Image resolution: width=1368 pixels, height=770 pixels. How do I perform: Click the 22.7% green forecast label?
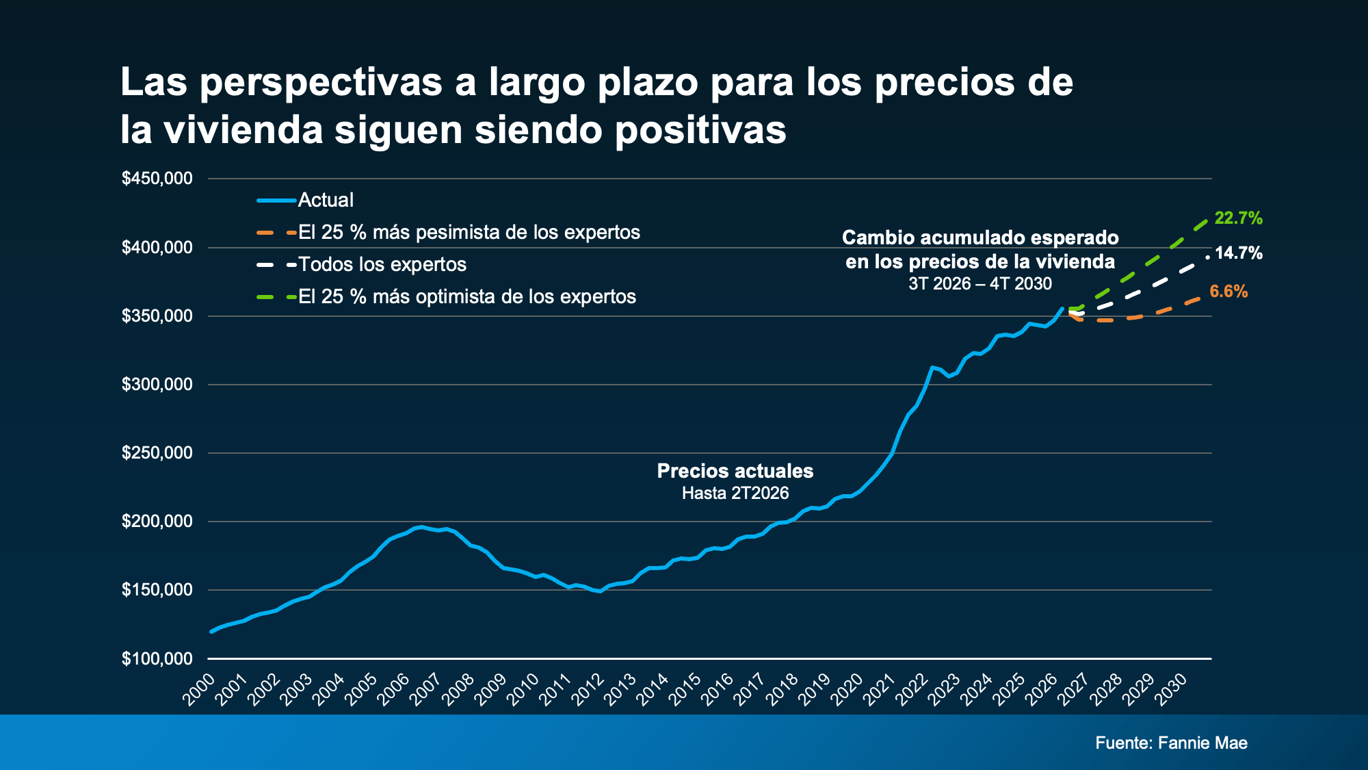(x=1238, y=218)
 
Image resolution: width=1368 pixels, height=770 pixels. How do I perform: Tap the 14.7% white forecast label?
(x=1238, y=253)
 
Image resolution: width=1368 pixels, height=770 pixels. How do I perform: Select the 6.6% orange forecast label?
(x=1228, y=292)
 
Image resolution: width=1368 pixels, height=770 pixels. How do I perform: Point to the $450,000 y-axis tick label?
(x=157, y=179)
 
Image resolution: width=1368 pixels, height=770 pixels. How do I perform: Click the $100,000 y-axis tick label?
(x=157, y=658)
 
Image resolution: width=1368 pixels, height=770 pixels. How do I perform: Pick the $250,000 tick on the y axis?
(x=157, y=452)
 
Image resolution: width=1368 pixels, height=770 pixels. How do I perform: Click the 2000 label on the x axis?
(x=198, y=689)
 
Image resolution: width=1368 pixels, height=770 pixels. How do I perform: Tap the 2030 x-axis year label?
(x=1170, y=689)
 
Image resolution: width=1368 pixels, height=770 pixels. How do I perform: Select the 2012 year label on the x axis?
(x=588, y=689)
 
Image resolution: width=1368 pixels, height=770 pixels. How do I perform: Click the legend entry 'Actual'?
(x=326, y=200)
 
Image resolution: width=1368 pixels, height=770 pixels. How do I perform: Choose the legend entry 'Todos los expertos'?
(x=382, y=264)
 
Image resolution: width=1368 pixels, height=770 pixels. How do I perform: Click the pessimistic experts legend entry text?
(x=469, y=232)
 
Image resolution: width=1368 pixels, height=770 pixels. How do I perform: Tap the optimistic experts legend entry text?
(x=467, y=296)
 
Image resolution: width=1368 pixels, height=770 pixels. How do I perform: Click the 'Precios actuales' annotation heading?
(x=735, y=471)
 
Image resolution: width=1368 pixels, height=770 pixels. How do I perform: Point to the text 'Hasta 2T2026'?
(x=735, y=493)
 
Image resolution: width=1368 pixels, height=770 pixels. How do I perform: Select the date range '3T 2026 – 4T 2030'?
(x=980, y=283)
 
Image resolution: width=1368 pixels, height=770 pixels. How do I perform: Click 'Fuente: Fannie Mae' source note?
(x=1172, y=743)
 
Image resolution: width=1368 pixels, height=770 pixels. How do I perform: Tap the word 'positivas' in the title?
(x=700, y=131)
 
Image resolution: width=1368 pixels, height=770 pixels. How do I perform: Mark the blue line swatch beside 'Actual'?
(x=276, y=201)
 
